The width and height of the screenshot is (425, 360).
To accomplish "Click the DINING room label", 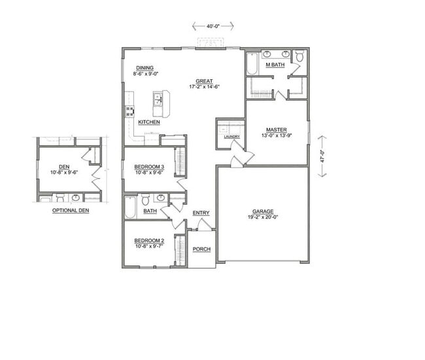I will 145,68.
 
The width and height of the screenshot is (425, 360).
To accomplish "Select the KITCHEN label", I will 149,122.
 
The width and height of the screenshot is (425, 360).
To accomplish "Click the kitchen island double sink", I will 158,99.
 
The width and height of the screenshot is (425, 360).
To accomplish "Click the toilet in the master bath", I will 299,57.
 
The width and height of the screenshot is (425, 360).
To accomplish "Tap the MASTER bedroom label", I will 277,130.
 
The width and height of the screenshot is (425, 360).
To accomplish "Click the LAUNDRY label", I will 231,137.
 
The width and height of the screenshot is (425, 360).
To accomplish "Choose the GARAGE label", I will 263,211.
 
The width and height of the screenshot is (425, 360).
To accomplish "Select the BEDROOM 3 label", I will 149,167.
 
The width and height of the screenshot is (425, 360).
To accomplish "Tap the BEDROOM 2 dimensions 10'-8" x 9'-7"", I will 149,247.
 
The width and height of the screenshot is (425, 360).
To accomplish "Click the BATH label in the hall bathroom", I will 150,211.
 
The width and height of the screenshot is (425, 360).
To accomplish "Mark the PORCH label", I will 201,249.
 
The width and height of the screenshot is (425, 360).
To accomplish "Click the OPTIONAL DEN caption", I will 70,211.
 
